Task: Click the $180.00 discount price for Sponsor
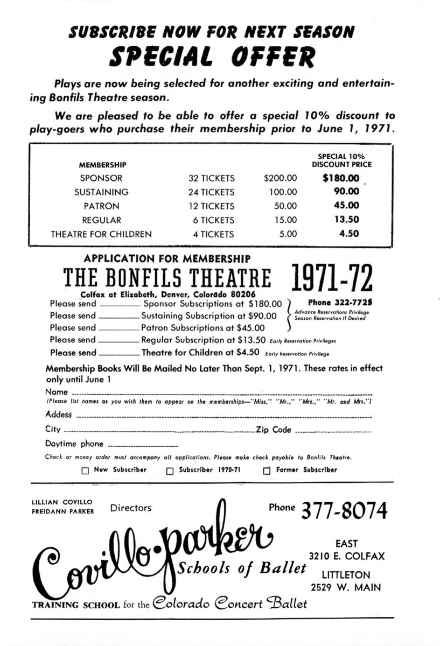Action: pos(340,178)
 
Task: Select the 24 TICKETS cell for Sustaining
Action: pos(212,192)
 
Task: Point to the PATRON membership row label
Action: pos(101,206)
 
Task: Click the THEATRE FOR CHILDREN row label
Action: pos(101,234)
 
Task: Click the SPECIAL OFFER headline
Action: pos(212,57)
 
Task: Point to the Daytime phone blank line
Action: pos(143,446)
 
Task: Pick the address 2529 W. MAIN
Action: pos(346,587)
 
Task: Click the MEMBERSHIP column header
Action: pos(103,165)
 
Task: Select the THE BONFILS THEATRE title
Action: pos(167,278)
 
